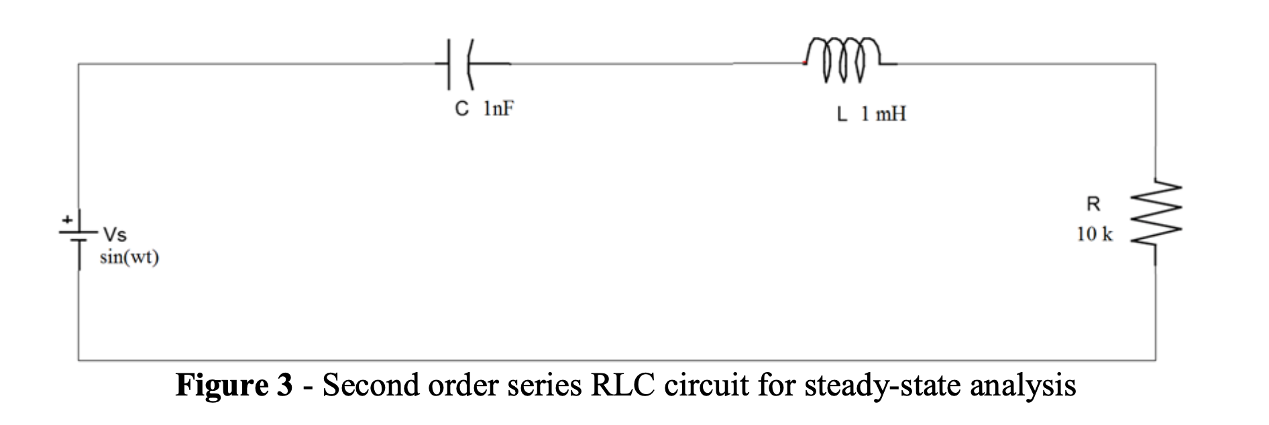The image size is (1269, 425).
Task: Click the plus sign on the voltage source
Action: (x=68, y=219)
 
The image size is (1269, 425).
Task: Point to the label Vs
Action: (x=113, y=235)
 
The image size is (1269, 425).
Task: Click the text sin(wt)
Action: (x=129, y=258)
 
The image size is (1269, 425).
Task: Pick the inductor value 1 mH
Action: (x=883, y=115)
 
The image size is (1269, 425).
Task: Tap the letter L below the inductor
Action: (x=842, y=115)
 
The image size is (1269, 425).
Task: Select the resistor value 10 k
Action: (x=1094, y=235)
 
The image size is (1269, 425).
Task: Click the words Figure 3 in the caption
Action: (x=234, y=386)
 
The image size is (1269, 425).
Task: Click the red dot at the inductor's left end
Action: (x=803, y=64)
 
